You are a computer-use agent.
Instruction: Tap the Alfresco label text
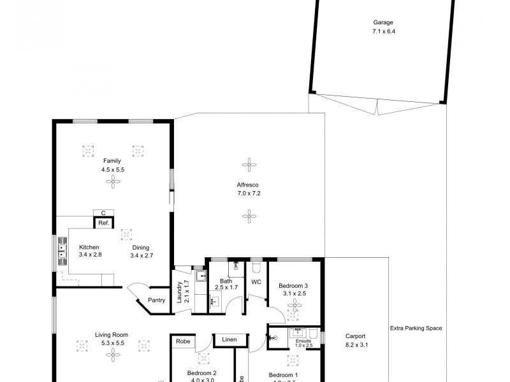coord(248,185)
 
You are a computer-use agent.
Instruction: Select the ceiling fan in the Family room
coord(112,183)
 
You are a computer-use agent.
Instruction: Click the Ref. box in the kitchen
coord(103,223)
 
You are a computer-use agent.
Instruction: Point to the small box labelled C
coord(103,213)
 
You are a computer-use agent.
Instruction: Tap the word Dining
coord(140,248)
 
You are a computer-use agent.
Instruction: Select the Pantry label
coord(156,299)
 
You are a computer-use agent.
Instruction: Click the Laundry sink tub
coord(200,276)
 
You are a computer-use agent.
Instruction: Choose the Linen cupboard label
coord(229,340)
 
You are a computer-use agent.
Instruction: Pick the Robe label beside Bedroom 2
coord(183,341)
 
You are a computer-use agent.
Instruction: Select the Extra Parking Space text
coord(416,329)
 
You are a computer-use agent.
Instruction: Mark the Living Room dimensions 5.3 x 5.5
coord(112,343)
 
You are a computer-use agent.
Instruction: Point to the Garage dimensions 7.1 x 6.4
coord(380,31)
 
